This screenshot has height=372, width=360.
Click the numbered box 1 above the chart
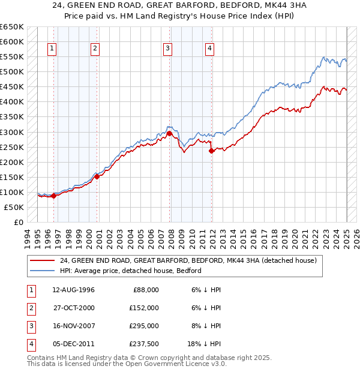point(52,49)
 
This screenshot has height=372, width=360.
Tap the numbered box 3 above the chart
point(167,49)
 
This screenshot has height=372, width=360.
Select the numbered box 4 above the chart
point(209,49)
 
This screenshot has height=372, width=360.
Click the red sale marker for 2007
point(170,133)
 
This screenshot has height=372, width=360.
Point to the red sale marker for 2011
point(211,151)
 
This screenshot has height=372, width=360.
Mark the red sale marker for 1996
point(53,195)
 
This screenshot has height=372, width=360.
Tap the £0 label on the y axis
point(18,222)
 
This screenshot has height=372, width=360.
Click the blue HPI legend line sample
point(41,271)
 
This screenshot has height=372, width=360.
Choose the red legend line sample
point(41,260)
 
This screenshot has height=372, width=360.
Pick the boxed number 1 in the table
point(31,290)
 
